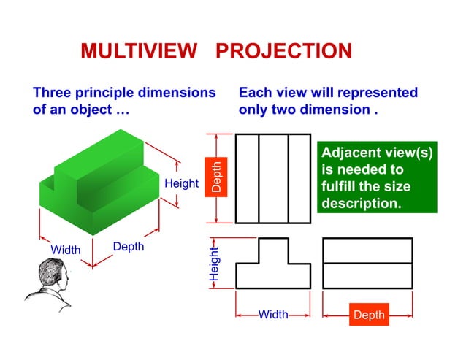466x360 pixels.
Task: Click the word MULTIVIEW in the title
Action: tap(139, 51)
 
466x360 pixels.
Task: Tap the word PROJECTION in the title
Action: tap(285, 51)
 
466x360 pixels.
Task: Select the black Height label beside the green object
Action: tap(181, 183)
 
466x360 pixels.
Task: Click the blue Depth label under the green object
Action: tap(129, 247)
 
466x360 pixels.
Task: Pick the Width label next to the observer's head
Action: tap(65, 250)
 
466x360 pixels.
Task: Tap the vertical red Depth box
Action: tap(216, 177)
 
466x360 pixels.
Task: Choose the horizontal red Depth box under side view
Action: tap(368, 315)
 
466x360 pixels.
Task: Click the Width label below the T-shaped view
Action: tap(273, 315)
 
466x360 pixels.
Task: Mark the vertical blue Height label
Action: tap(214, 264)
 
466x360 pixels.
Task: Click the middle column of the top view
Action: tap(273, 178)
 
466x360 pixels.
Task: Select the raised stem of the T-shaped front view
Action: tap(273, 250)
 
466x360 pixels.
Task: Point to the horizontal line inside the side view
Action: tap(367, 263)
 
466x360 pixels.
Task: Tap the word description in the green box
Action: tap(362, 203)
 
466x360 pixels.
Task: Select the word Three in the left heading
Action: tap(53, 93)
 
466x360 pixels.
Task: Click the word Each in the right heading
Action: tap(254, 93)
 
